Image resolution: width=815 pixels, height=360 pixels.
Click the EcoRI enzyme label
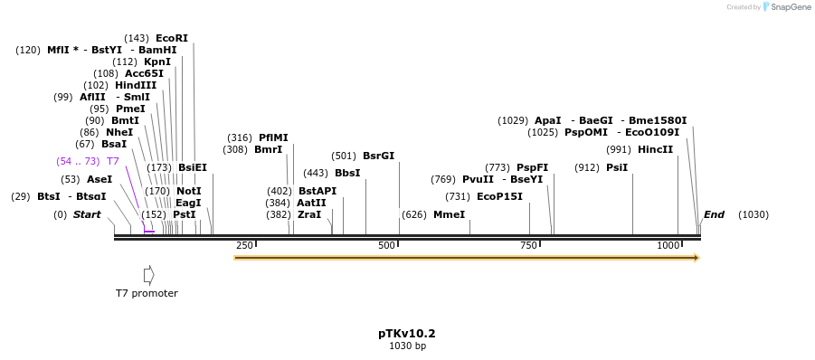[172, 38]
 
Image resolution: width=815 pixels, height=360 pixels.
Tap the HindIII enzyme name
[136, 85]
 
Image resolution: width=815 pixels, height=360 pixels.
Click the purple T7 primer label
[113, 161]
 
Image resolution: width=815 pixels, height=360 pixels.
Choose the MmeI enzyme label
[449, 214]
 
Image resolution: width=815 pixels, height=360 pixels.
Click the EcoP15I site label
[499, 196]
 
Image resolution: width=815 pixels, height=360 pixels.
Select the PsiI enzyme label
[617, 167]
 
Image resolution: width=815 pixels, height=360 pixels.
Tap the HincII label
[655, 149]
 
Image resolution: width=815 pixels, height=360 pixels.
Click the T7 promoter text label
[147, 293]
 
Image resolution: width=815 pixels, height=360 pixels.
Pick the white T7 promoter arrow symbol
[149, 274]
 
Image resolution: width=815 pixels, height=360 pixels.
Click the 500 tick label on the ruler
[386, 246]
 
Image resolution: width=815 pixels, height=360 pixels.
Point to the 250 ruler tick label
[244, 246]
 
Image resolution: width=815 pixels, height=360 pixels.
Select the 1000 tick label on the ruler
[668, 246]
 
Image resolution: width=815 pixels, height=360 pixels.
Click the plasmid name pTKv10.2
[407, 334]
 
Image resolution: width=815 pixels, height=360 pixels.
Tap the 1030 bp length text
[407, 346]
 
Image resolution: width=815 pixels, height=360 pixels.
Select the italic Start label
[87, 214]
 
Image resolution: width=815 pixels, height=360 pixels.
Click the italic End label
[714, 214]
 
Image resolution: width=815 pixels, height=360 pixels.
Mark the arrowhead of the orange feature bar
[697, 258]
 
